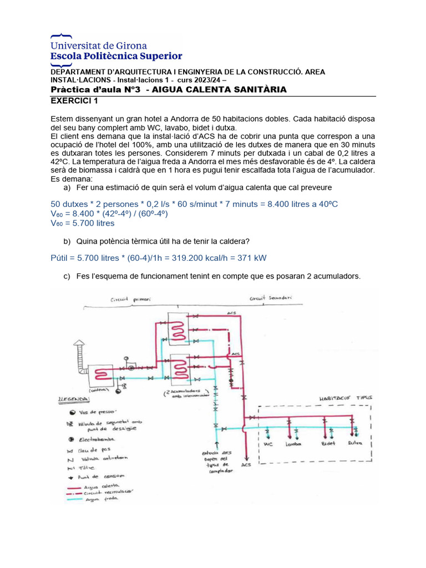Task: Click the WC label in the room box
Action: click(267, 444)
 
